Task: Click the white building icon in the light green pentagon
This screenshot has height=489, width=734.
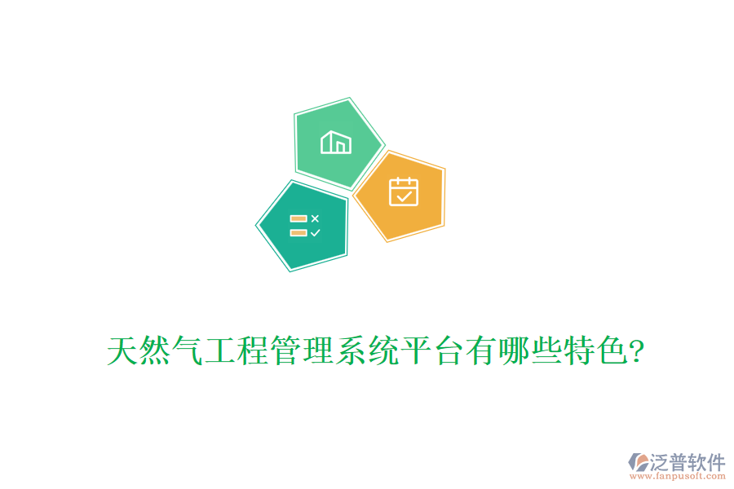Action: click(x=336, y=143)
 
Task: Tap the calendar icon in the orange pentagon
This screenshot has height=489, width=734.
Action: click(x=403, y=192)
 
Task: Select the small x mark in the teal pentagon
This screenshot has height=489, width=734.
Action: click(x=316, y=218)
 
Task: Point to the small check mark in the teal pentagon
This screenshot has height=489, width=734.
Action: click(x=316, y=232)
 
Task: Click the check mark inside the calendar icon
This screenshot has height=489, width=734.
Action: click(x=404, y=196)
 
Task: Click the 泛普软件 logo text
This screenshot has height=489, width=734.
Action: click(x=687, y=462)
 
